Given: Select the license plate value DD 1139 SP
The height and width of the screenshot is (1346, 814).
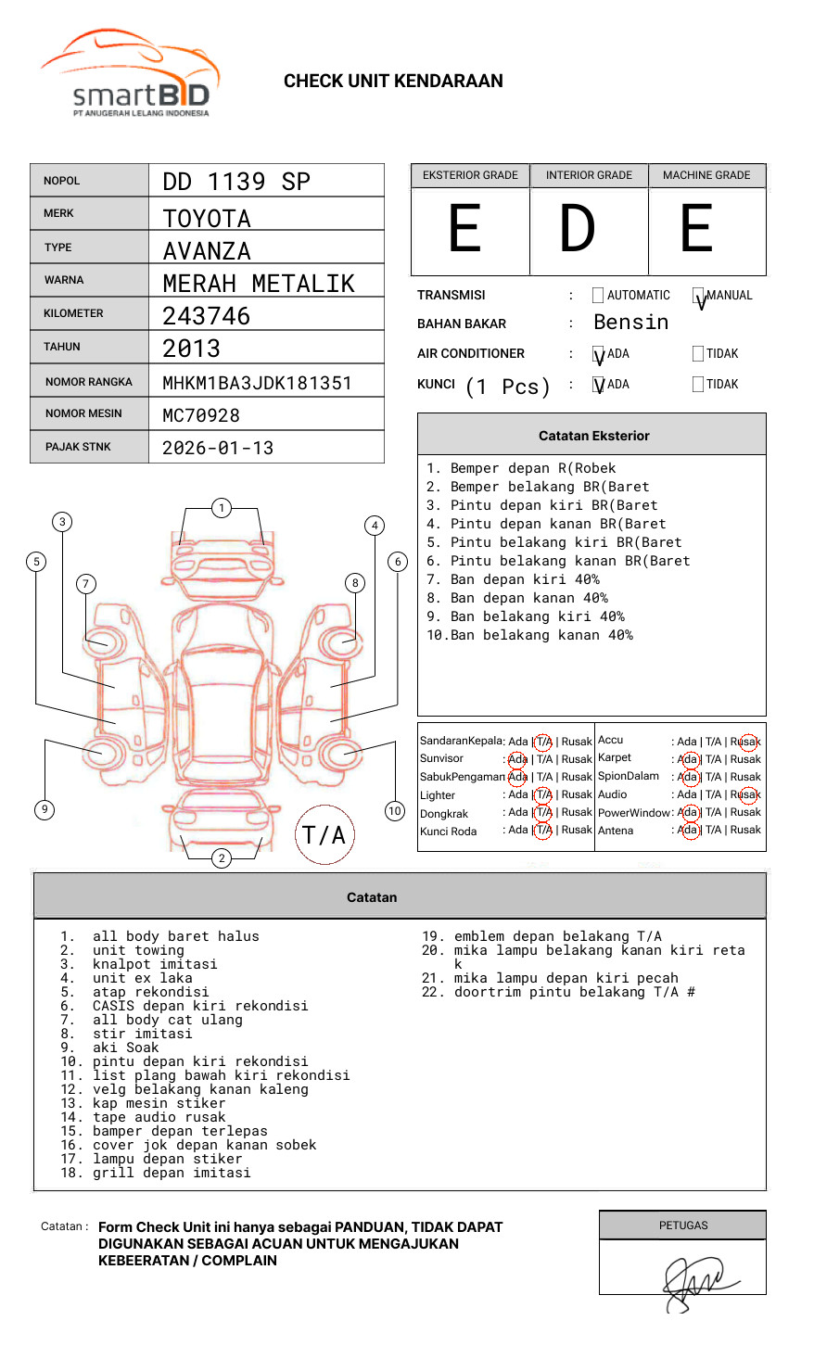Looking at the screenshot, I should click(x=236, y=182).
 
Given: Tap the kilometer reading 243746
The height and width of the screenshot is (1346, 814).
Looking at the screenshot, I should click(x=207, y=316).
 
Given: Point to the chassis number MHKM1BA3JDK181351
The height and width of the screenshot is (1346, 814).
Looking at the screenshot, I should click(x=257, y=383).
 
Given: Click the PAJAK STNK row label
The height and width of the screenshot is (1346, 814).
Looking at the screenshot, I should click(x=77, y=447).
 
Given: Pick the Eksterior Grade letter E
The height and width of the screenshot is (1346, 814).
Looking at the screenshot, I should click(x=465, y=229).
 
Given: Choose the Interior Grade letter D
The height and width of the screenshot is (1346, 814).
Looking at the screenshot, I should click(x=578, y=229).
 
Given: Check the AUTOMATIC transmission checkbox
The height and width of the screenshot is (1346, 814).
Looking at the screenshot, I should click(x=598, y=296).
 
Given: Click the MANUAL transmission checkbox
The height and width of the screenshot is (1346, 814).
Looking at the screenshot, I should click(x=698, y=296).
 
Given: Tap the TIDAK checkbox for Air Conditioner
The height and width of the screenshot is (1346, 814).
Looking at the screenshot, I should click(x=698, y=354).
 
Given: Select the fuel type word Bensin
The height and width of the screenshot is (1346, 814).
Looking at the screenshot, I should click(x=630, y=323).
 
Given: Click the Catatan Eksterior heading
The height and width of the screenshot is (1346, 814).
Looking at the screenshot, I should click(x=593, y=436).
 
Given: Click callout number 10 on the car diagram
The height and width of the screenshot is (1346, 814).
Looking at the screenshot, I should click(x=395, y=811).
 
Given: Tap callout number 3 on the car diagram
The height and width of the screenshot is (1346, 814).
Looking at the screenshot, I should click(x=62, y=522).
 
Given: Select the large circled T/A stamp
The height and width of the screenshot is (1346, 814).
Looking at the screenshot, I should click(x=324, y=835).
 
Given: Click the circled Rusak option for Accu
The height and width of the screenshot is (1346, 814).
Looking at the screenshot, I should click(x=746, y=742).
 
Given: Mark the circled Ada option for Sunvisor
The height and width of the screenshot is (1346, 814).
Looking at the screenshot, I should click(x=517, y=759).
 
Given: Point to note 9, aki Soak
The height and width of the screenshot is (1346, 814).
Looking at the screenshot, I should click(x=125, y=1048).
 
